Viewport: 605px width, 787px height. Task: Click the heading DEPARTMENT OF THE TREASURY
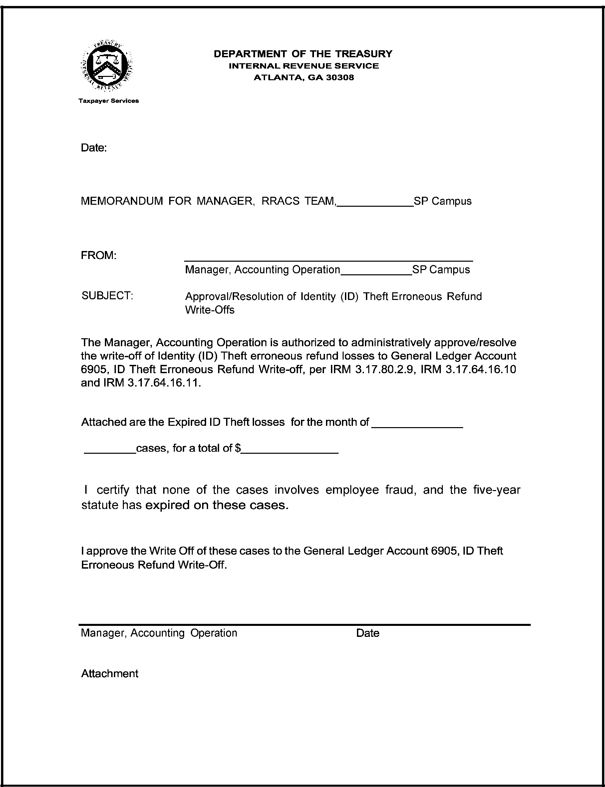click(303, 54)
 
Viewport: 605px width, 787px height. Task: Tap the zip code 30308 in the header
click(340, 78)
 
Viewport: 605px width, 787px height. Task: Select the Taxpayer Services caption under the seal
click(109, 101)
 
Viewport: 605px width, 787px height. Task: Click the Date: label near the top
click(94, 147)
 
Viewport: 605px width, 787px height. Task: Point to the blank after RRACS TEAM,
click(375, 203)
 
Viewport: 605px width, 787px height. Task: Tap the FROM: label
click(99, 255)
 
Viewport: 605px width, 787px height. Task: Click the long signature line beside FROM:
click(328, 260)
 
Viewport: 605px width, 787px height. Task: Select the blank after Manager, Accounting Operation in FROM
click(376, 273)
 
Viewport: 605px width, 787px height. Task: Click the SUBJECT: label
click(107, 296)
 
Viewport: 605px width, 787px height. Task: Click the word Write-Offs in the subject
click(209, 310)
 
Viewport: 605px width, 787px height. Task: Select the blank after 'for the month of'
click(417, 425)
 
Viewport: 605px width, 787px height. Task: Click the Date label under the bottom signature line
click(367, 633)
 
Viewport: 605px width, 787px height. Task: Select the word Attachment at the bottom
click(110, 673)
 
